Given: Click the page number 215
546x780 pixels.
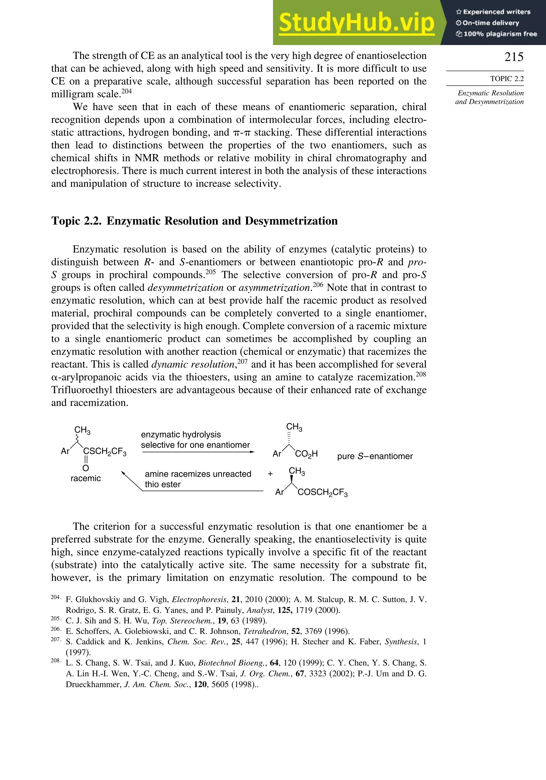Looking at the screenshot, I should [x=514, y=57].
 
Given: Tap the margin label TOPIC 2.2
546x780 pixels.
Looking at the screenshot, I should [x=507, y=79].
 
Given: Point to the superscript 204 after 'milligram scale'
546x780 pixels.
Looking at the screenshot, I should [x=126, y=91].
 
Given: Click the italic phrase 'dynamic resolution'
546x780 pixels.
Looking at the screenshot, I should [x=193, y=364].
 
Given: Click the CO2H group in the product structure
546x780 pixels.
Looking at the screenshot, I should [x=306, y=454].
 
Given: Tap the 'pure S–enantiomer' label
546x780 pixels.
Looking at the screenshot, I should [x=375, y=456].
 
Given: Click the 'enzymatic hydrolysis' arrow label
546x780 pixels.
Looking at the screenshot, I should [x=181, y=435].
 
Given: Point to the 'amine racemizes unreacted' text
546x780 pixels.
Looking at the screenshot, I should [x=198, y=474].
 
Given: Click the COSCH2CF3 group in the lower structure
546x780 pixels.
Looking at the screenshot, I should [x=322, y=493].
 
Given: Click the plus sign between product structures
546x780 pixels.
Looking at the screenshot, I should [x=270, y=474].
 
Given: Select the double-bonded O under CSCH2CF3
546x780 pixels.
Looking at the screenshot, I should [x=86, y=468].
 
